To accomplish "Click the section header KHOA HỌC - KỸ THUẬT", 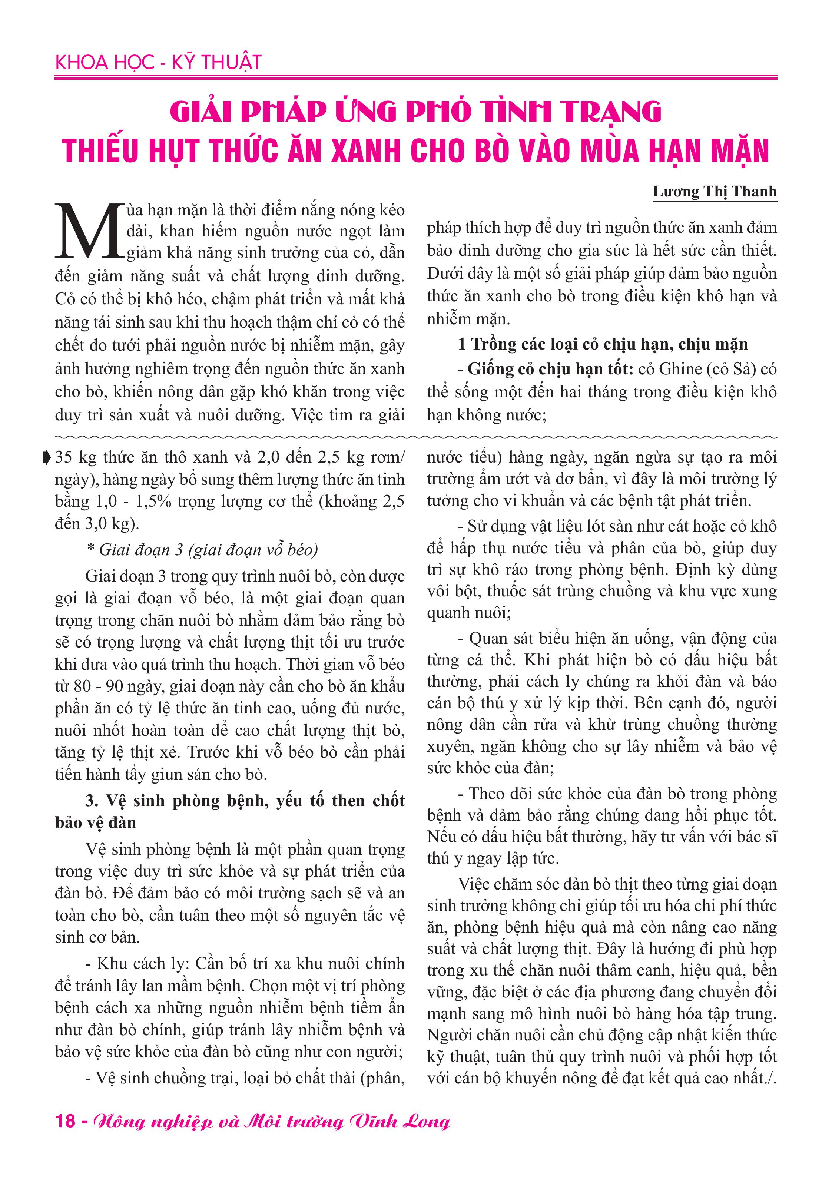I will (158, 62).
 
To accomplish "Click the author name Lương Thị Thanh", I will (714, 192).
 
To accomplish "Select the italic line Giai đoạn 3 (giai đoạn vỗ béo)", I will (202, 550).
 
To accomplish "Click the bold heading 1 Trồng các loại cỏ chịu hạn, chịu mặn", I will (602, 344).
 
